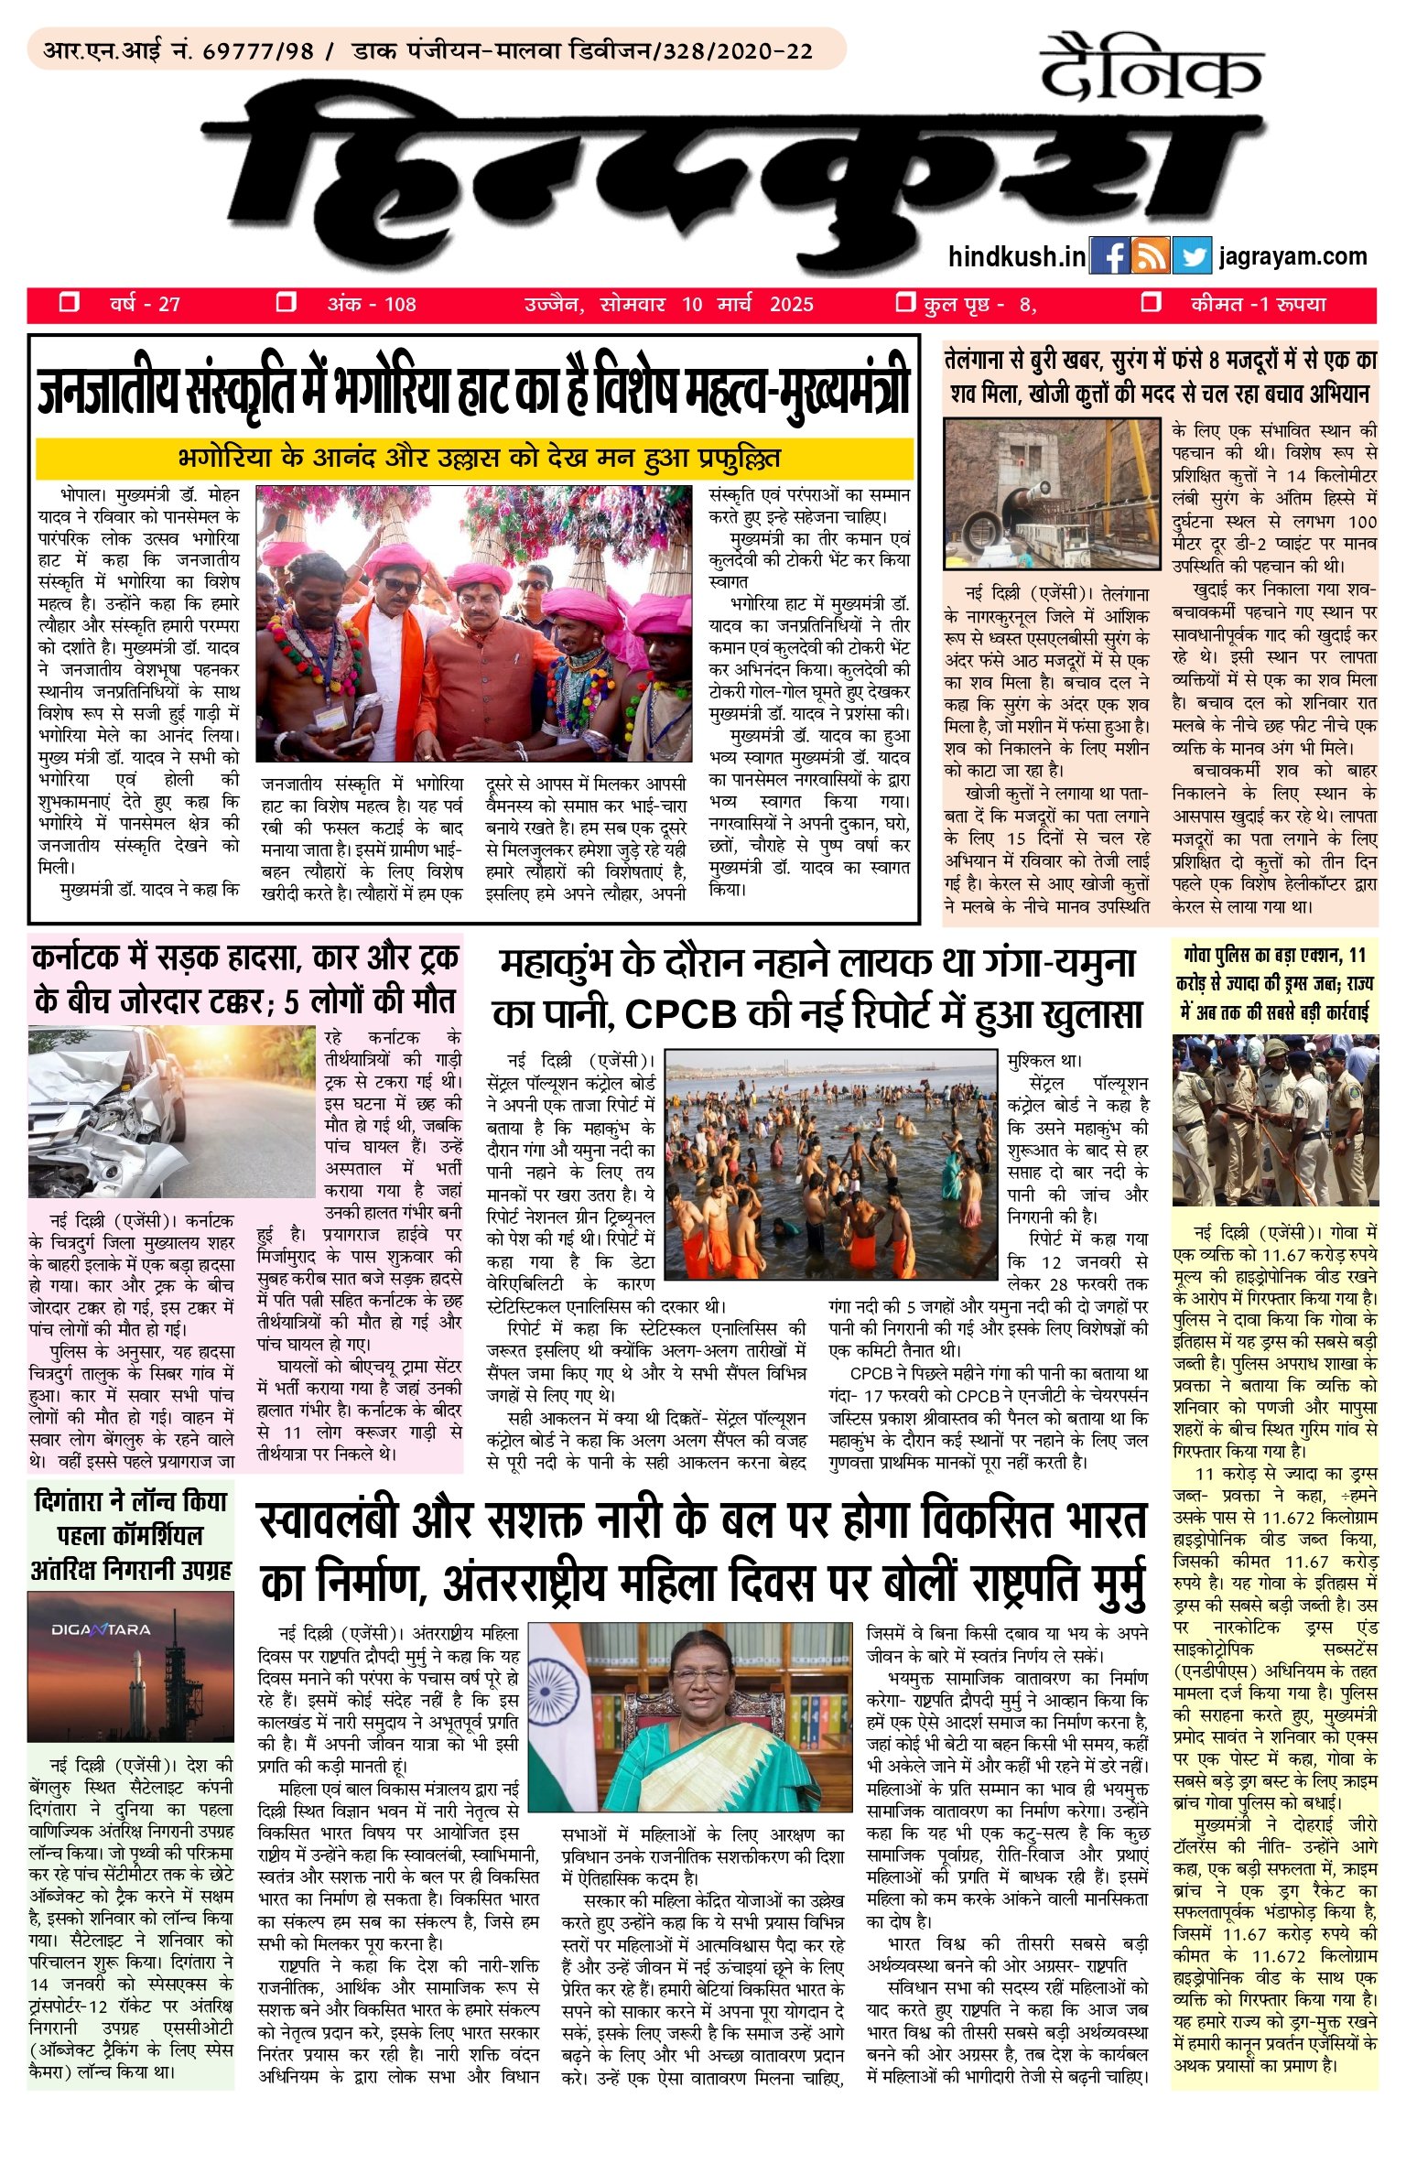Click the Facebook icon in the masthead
1109,257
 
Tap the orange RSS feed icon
1150,257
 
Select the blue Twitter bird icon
1191,257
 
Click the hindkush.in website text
1016,257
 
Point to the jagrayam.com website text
1292,256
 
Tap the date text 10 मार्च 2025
747,305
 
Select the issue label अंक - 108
371,305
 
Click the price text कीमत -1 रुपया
1258,305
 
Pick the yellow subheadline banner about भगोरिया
474,458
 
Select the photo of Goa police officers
1274,1121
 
